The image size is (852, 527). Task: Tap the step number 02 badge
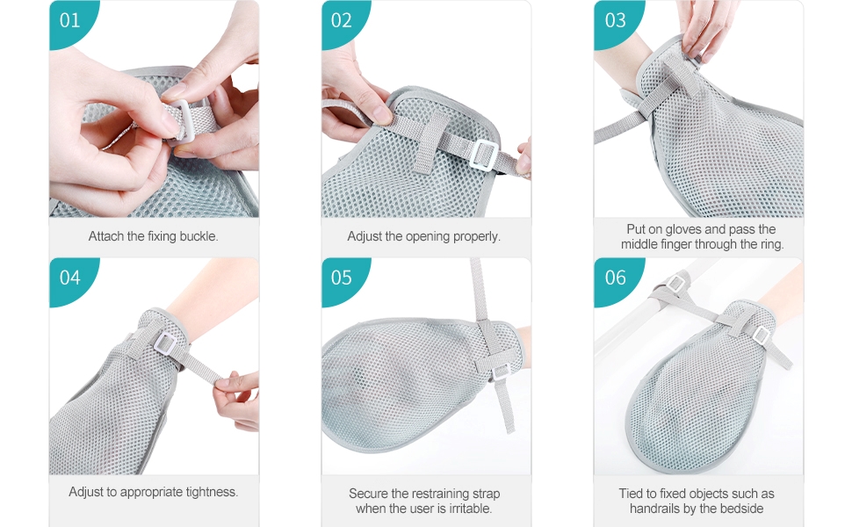[x=342, y=20]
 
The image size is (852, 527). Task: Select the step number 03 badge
[x=616, y=20]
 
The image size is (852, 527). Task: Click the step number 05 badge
[x=342, y=278]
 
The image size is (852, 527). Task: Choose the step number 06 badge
[x=616, y=278]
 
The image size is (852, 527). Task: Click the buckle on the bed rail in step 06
[x=675, y=284]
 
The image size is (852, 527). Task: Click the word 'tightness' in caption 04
[x=210, y=492]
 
